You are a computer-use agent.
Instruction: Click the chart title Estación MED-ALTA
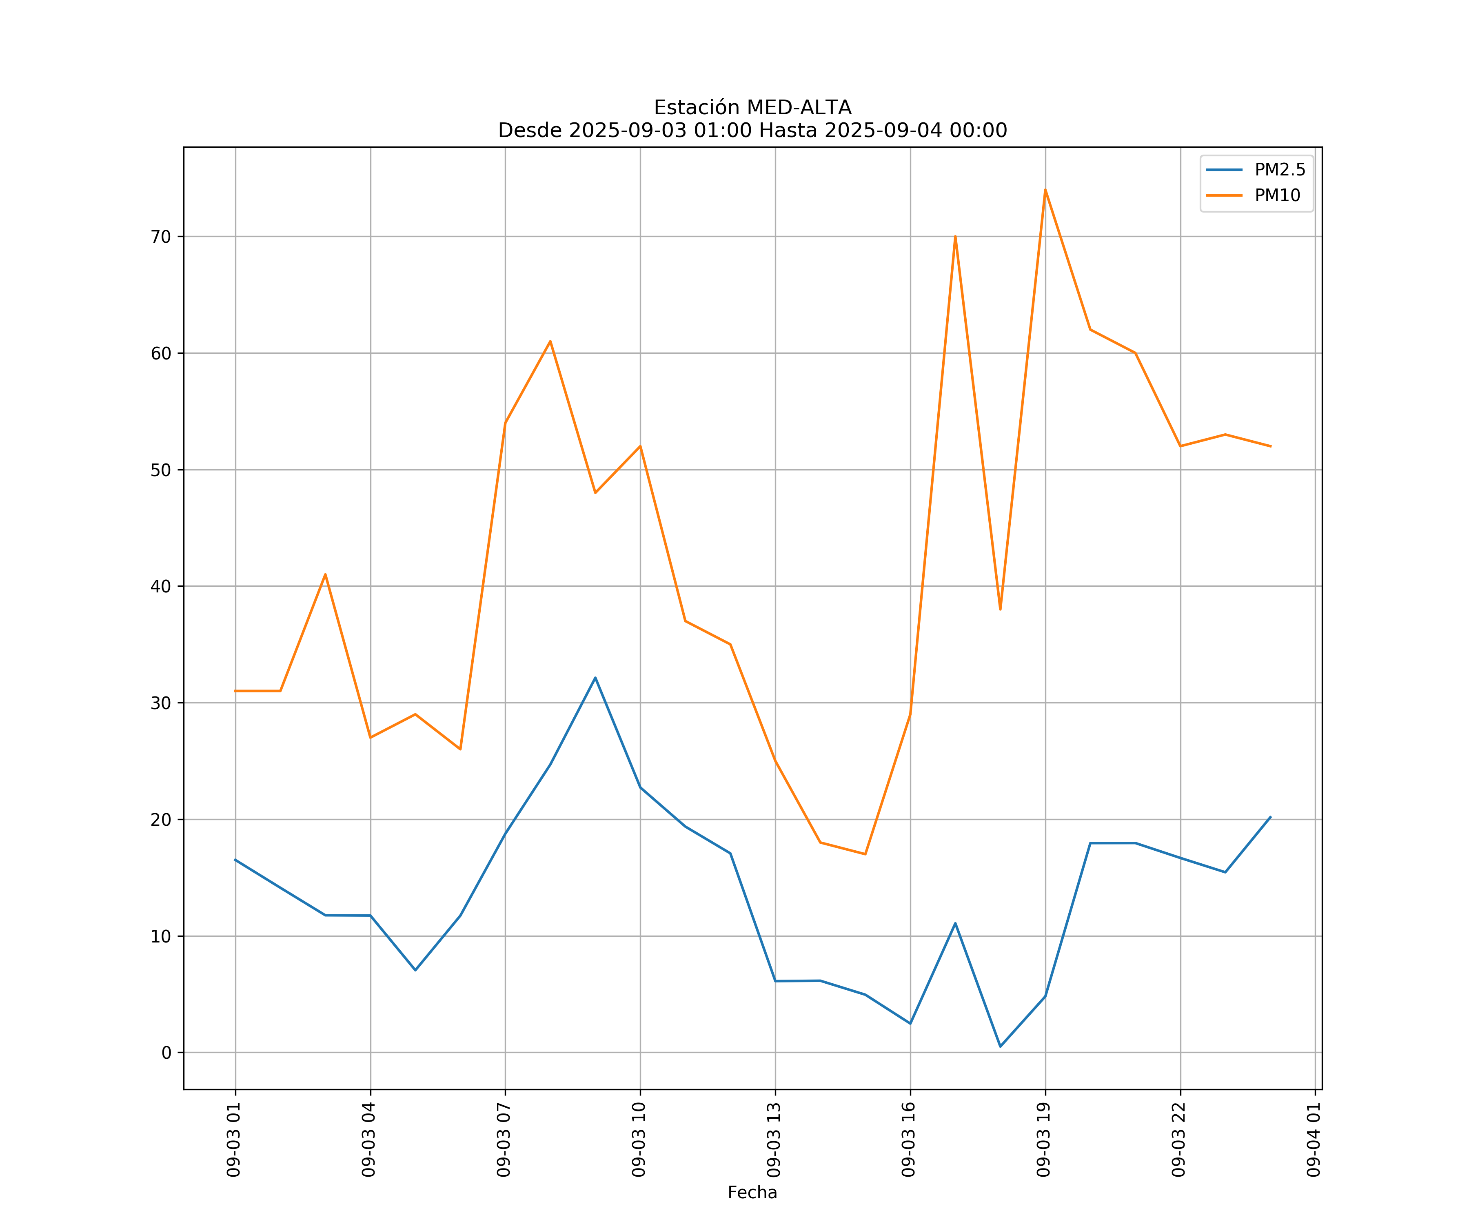[752, 108]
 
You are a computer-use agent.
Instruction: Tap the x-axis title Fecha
[752, 1193]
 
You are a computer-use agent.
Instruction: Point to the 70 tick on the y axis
[161, 236]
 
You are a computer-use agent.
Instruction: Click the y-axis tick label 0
[166, 1053]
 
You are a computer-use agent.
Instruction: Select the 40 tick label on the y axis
[161, 586]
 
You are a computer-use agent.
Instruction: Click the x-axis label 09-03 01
[234, 1140]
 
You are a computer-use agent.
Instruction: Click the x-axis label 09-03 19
[1044, 1140]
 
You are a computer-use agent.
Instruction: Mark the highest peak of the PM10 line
[1045, 190]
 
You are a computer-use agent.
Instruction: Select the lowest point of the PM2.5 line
[1000, 1047]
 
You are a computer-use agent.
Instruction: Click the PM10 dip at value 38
[1000, 609]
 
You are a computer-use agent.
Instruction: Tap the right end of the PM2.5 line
[1270, 817]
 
